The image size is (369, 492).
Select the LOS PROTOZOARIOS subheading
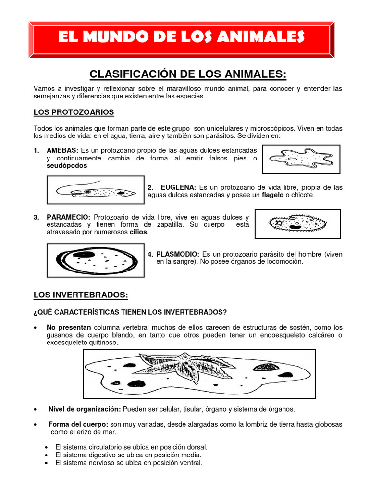74,112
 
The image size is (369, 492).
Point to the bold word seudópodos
67,165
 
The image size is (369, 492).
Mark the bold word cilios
139,232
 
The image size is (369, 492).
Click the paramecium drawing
297,223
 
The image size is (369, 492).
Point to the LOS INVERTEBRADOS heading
81,295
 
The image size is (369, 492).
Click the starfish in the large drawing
185,369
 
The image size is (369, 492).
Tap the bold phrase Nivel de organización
85,409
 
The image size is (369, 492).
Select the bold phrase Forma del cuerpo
78,424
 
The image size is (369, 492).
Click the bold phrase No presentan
69,327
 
